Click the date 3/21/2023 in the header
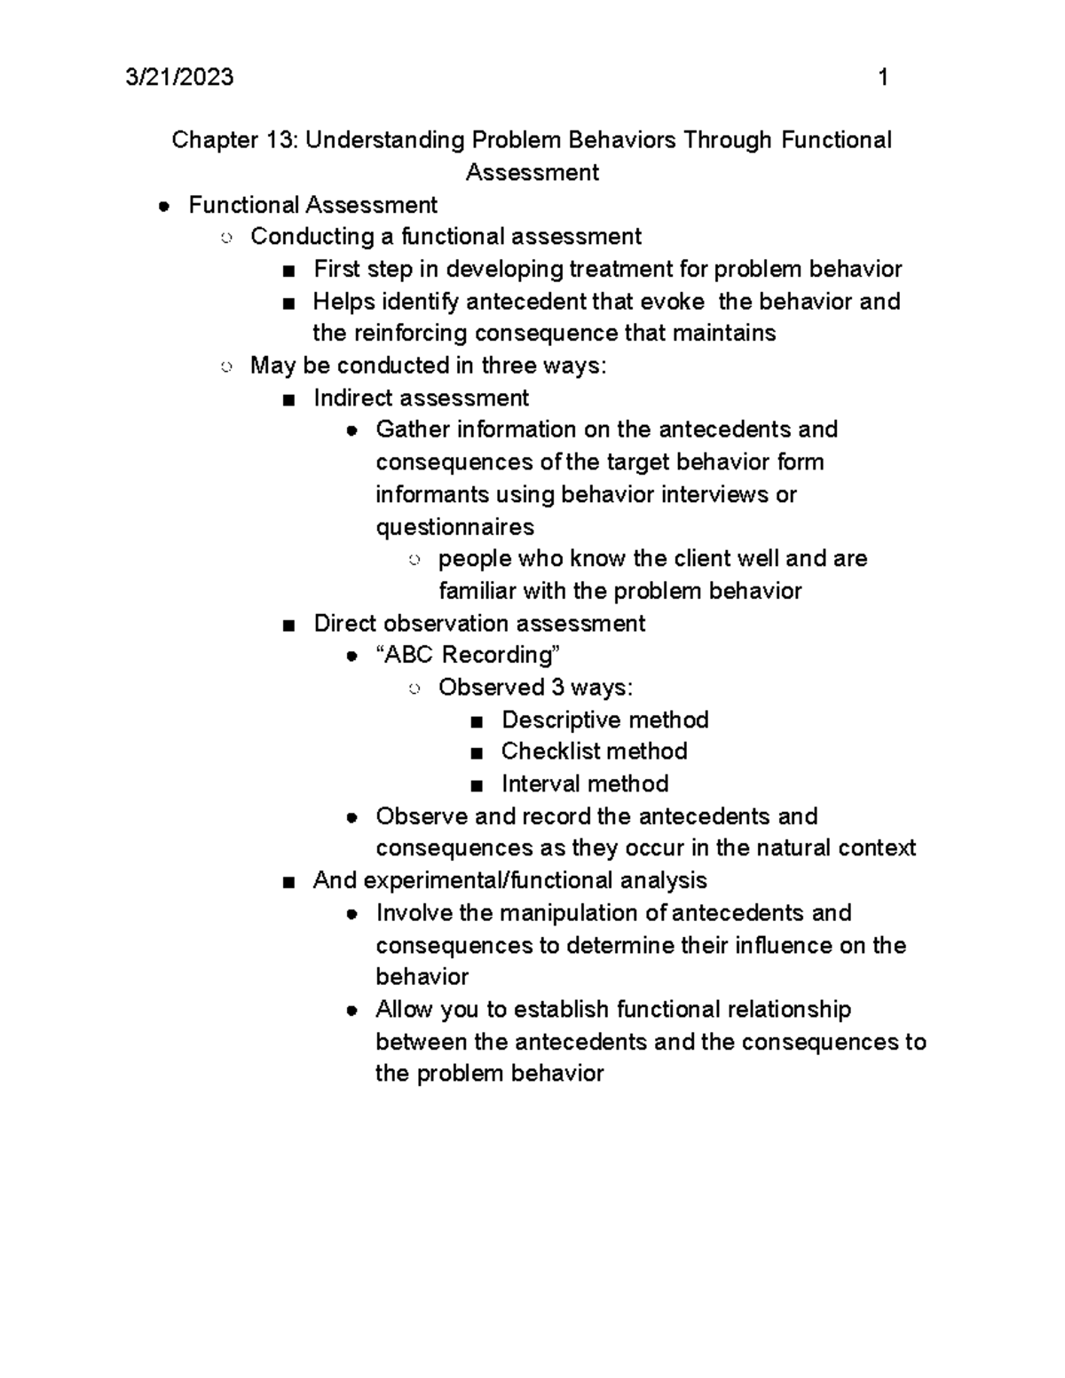[x=180, y=78]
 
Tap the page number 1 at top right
[x=882, y=78]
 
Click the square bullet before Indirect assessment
[x=287, y=399]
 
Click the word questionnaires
[x=454, y=527]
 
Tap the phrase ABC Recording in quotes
[x=469, y=655]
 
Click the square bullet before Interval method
[x=477, y=785]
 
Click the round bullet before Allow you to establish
[x=352, y=1011]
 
